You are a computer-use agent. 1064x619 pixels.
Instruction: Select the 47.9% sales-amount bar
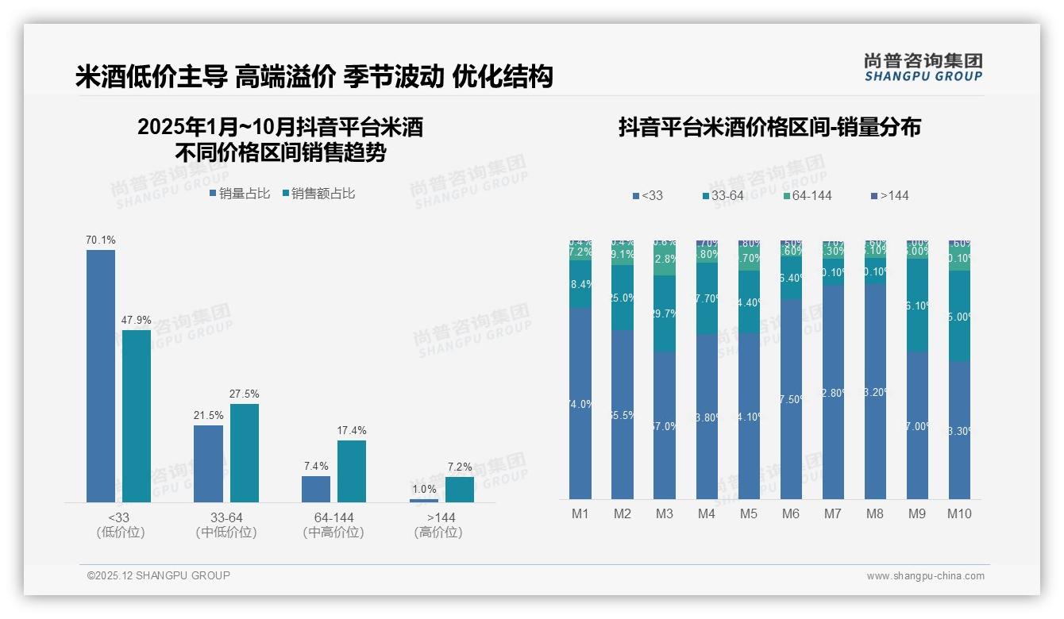(x=137, y=416)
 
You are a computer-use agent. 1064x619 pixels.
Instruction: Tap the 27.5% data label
(x=244, y=394)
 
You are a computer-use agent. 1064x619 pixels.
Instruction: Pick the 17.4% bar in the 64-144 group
(x=352, y=471)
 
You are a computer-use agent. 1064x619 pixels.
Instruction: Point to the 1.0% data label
(x=424, y=490)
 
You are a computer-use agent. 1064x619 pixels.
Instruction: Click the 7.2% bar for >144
(x=460, y=490)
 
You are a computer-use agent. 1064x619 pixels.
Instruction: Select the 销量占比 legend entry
(x=239, y=194)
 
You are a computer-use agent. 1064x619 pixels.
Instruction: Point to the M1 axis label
(x=580, y=513)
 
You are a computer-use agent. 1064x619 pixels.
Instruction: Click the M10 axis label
(x=959, y=513)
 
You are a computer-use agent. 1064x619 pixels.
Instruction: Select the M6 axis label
(x=791, y=513)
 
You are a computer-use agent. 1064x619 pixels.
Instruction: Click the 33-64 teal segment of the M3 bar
(x=665, y=313)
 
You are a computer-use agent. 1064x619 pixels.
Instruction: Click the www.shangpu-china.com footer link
(x=925, y=576)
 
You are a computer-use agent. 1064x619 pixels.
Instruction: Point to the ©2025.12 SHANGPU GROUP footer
(x=159, y=575)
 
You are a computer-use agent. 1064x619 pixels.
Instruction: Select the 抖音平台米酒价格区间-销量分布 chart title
(x=769, y=127)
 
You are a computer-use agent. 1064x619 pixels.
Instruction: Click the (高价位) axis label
(x=438, y=532)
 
